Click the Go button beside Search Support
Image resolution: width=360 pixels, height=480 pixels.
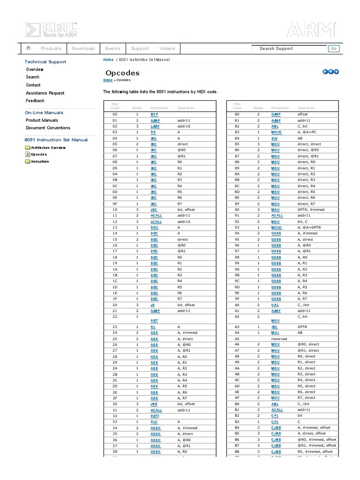pos(334,49)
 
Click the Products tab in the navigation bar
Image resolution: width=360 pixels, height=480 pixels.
pos(51,49)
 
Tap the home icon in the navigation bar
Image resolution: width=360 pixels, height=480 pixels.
pos(29,48)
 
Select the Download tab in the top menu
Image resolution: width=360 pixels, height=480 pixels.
pos(83,49)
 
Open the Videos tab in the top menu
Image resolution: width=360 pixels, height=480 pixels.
pos(167,49)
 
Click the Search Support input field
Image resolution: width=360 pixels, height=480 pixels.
pos(289,49)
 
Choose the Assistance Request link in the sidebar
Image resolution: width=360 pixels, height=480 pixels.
pos(45,93)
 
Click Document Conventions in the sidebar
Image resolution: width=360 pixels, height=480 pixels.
pos(48,128)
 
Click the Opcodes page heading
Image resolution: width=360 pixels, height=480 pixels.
pos(122,73)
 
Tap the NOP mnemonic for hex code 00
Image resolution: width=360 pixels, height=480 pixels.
pos(154,114)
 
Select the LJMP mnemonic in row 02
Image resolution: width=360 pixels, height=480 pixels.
pos(155,127)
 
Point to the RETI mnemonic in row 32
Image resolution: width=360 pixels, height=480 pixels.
pos(155,416)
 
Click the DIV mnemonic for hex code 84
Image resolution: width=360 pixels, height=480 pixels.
pos(275,138)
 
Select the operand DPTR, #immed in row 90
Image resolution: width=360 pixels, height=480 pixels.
pos(311,210)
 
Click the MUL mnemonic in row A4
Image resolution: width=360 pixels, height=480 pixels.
pos(275,332)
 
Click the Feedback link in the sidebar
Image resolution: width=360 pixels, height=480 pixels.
pos(35,101)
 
